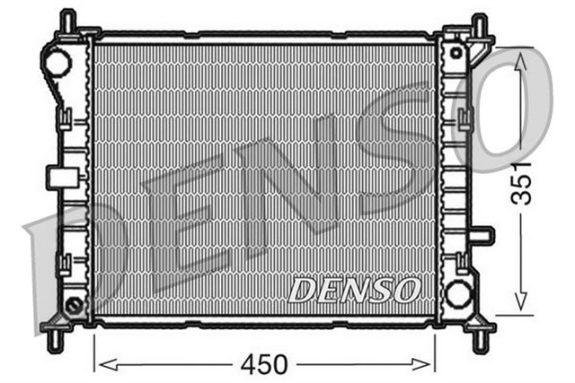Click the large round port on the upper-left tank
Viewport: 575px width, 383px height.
pos(56,63)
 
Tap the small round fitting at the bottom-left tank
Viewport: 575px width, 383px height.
pos(74,305)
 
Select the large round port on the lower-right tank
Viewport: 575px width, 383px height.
pos(458,292)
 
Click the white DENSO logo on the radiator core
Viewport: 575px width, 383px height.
pos(354,290)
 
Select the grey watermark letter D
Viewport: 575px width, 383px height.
pos(72,260)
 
